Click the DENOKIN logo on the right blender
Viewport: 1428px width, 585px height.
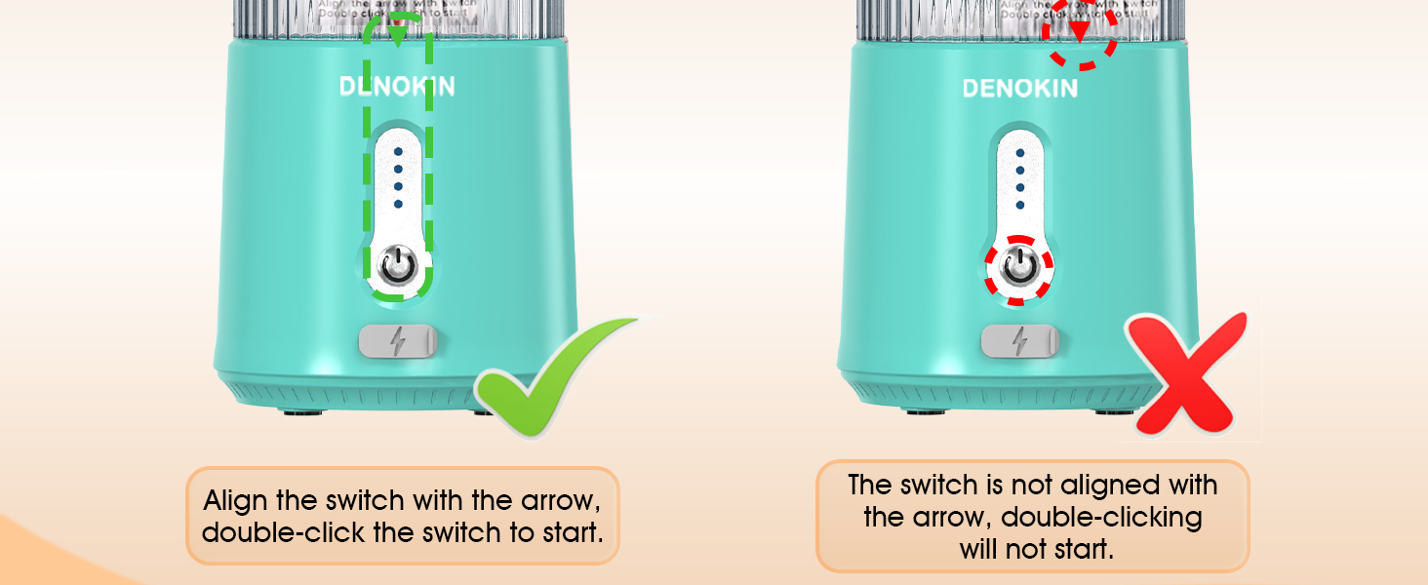[1019, 89]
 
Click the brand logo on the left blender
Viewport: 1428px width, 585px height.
[397, 87]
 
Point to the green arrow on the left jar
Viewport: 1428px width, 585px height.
[397, 36]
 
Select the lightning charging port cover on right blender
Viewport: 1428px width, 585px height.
[1019, 341]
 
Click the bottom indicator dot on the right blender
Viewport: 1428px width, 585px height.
[1019, 205]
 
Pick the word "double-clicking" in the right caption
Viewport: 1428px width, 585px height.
[1102, 517]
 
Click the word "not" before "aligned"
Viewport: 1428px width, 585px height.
[1023, 485]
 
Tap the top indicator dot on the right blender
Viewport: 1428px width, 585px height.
[1019, 153]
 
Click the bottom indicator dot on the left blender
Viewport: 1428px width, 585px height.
[398, 205]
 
